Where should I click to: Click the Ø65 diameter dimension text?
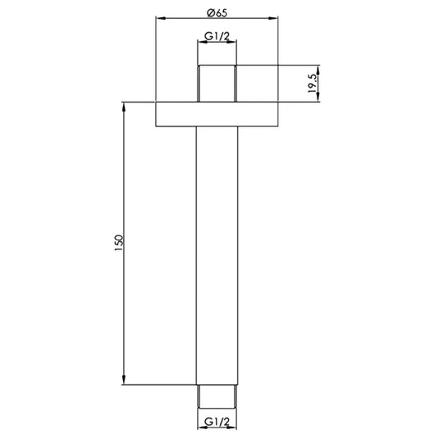click(x=217, y=11)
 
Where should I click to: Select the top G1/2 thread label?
click(x=217, y=37)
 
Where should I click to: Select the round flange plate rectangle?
click(x=217, y=114)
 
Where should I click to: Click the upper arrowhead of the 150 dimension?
click(x=125, y=104)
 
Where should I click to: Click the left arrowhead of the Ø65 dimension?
click(x=159, y=20)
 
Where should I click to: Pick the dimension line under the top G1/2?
click(x=217, y=45)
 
